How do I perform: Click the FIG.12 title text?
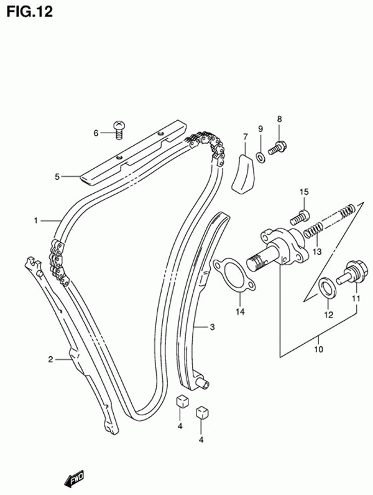[29, 12]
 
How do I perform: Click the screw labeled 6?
[119, 130]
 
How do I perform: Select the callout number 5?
[57, 177]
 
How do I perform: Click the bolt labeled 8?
[277, 148]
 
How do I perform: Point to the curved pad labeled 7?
[243, 173]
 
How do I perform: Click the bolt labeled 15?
[300, 217]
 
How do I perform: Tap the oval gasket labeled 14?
[234, 274]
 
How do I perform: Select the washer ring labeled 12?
[328, 288]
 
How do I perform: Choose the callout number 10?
[319, 349]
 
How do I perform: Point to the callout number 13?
[317, 252]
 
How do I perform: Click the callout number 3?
[212, 327]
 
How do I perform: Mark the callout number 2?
[50, 359]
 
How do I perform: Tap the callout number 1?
[36, 220]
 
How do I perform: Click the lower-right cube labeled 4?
[202, 413]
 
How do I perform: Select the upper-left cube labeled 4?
[182, 400]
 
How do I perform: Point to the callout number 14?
[240, 312]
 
